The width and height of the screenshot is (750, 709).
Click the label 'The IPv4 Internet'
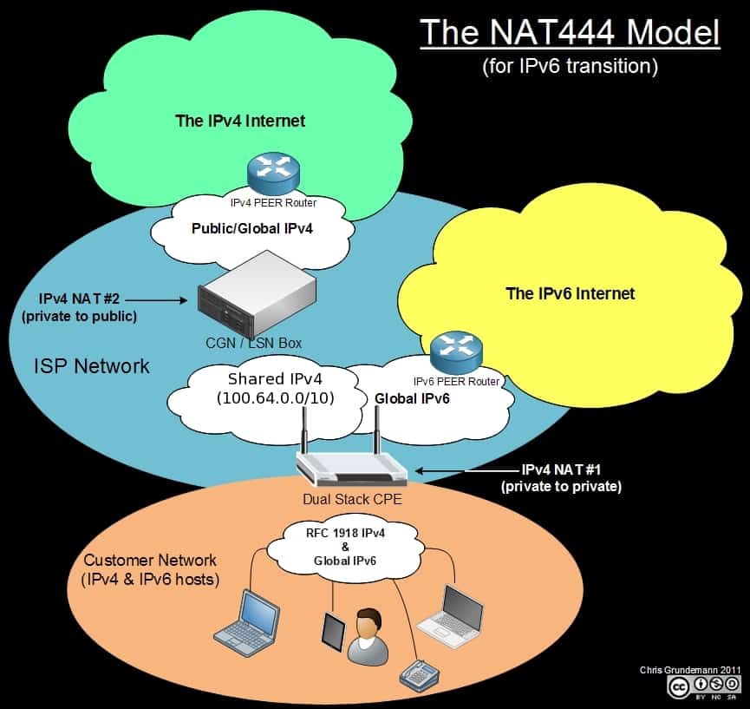click(240, 121)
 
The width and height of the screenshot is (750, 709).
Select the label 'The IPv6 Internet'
click(570, 293)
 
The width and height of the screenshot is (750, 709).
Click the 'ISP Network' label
click(91, 365)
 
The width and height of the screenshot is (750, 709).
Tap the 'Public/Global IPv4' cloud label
click(251, 230)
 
